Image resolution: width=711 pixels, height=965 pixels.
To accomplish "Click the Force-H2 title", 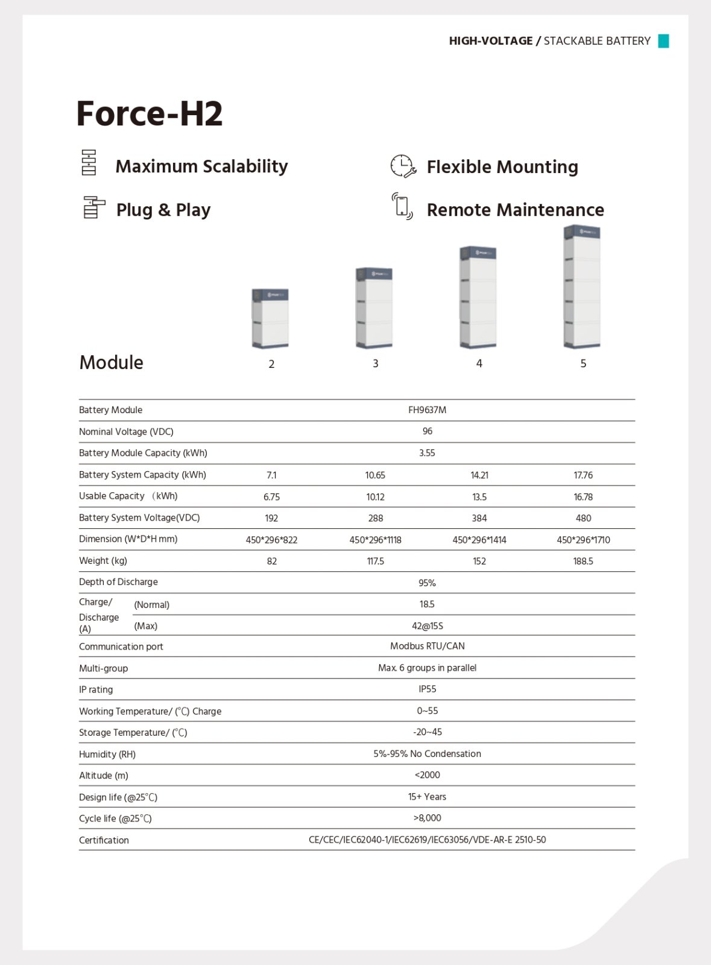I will click(150, 113).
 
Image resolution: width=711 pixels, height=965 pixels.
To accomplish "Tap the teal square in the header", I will click(663, 41).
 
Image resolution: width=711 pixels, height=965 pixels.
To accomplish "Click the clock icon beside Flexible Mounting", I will click(402, 166).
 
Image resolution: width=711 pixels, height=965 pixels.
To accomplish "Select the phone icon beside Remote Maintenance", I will click(402, 206).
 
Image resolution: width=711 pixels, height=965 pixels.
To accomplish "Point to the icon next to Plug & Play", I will click(93, 207).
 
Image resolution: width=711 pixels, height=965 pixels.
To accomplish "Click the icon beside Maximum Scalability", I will click(89, 163).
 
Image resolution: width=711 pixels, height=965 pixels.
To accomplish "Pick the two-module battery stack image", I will click(270, 318).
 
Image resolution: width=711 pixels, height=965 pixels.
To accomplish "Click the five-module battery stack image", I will click(582, 286).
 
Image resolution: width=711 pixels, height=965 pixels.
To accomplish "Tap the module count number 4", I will click(479, 364).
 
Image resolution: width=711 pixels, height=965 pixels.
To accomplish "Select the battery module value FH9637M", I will click(427, 410).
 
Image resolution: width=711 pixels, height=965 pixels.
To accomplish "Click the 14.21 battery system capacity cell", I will click(479, 475).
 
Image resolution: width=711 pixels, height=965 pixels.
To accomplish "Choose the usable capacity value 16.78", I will click(583, 497).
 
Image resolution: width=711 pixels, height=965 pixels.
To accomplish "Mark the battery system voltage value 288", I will click(376, 518).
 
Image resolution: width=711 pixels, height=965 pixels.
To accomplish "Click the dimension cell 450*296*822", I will click(271, 540).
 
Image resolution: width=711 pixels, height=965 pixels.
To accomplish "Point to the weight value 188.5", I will click(583, 561).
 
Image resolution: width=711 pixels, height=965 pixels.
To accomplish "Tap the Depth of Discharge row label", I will click(118, 582).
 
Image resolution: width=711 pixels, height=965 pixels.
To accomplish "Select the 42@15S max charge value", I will click(427, 626).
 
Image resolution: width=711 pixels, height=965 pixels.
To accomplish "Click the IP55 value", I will click(427, 689).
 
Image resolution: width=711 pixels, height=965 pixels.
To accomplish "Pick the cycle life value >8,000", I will click(427, 818).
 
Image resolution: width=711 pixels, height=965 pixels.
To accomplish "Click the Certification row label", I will click(104, 840).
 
